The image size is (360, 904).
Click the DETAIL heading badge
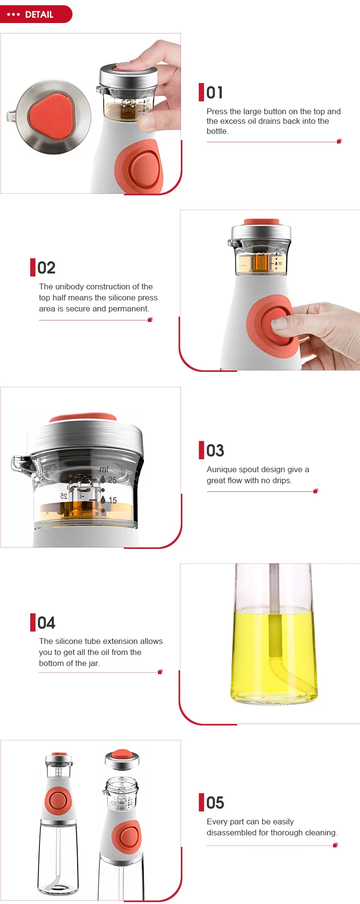[x=36, y=14]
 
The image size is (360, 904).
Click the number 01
[x=215, y=93]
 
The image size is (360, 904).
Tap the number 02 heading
[x=46, y=268]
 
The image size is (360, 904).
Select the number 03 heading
[x=215, y=451]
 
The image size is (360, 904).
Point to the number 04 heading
[x=46, y=623]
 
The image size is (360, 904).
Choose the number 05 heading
[x=215, y=803]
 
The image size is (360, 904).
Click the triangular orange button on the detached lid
[x=52, y=117]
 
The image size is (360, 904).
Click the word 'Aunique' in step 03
[x=222, y=469]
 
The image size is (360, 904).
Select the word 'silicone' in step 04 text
[x=71, y=641]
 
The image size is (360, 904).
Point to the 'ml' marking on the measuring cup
[x=104, y=469]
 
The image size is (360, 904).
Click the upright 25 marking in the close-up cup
[x=112, y=480]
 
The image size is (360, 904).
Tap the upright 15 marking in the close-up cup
[x=112, y=500]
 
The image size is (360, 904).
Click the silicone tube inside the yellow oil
[x=275, y=638]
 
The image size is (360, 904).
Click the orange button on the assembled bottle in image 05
[x=58, y=800]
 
